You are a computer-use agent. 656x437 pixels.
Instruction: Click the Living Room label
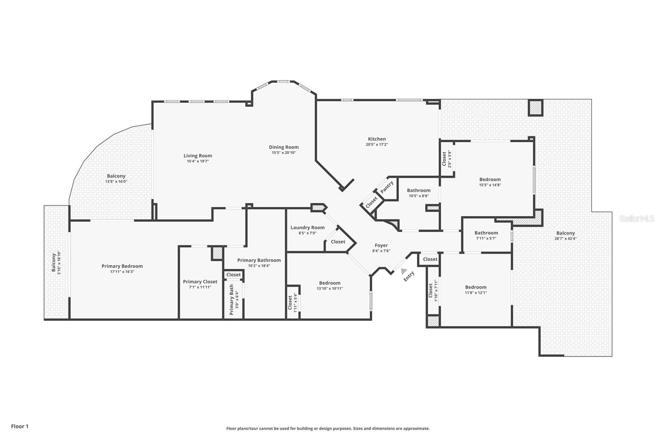198,155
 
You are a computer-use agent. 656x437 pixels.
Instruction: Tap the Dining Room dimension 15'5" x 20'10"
283,153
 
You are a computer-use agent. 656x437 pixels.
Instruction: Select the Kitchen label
376,139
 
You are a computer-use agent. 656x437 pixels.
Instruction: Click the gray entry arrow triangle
404,271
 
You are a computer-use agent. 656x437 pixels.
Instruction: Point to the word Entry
409,276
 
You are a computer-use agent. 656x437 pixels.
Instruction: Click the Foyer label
381,246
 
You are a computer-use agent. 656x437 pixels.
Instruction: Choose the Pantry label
387,187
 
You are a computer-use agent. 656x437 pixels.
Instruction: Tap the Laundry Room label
307,228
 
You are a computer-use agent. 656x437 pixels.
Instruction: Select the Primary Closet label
200,282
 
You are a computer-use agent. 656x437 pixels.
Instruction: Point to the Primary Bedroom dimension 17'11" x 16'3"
122,272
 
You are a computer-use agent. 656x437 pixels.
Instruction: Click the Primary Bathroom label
259,260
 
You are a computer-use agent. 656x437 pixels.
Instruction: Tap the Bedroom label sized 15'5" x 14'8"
490,179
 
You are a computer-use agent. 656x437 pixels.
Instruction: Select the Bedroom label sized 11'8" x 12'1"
476,287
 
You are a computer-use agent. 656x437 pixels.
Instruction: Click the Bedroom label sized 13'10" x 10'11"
330,283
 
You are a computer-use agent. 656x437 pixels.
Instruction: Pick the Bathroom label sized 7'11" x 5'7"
486,233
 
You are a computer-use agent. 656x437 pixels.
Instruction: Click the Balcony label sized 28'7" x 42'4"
565,233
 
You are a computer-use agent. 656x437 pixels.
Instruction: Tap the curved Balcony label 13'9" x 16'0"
116,176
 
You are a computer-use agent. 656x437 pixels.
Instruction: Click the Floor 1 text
20,426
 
